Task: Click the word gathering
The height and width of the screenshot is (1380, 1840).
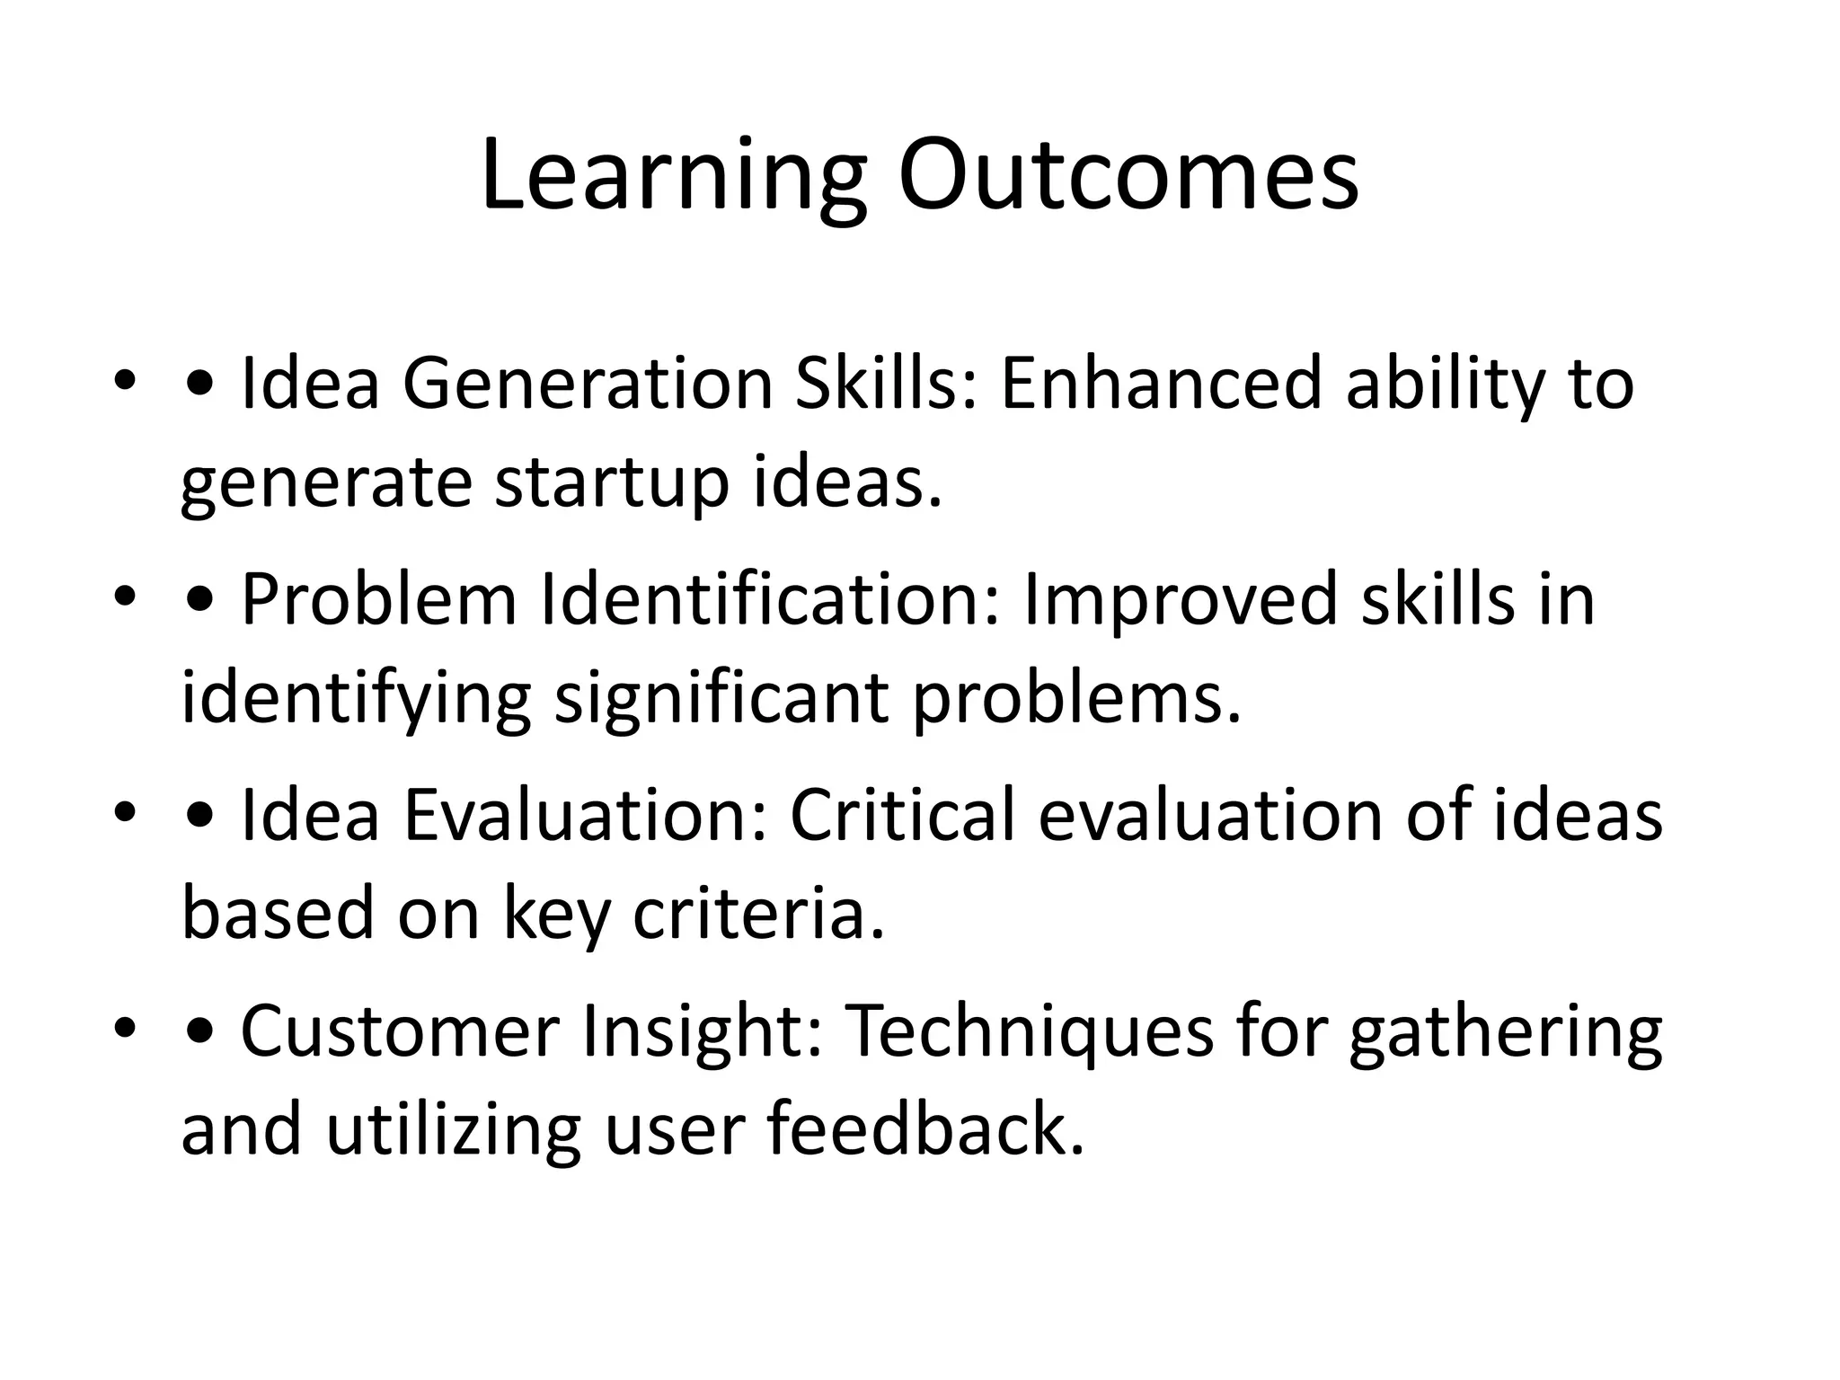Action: (x=1505, y=1031)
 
